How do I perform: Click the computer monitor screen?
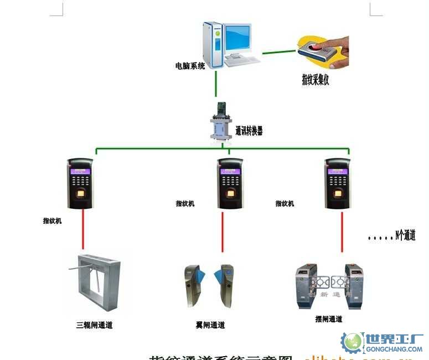(236, 38)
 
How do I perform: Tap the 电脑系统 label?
(190, 66)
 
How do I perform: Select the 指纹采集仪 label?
(316, 81)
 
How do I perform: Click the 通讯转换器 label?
(249, 131)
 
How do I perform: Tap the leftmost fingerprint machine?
(80, 183)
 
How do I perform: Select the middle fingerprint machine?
(230, 183)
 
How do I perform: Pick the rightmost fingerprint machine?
(337, 183)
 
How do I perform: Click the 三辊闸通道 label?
(94, 325)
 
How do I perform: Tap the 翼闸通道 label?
(210, 325)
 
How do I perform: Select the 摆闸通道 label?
(328, 319)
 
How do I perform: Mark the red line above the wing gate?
(223, 230)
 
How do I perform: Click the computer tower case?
(213, 44)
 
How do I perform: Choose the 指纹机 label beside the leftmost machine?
(53, 221)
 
